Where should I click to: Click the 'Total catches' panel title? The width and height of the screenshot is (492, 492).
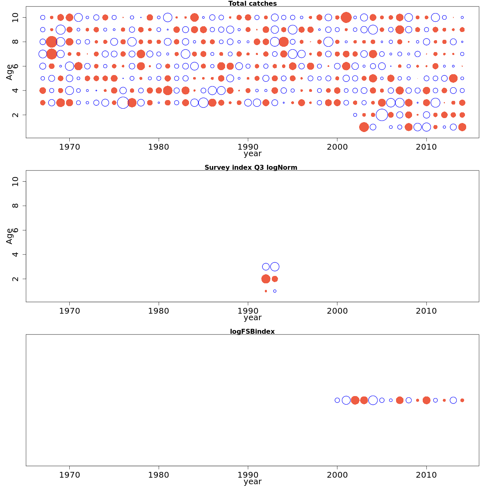(252, 4)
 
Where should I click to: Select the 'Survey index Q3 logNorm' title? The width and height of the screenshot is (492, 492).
(251, 167)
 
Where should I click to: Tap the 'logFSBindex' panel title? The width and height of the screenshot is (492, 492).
(252, 331)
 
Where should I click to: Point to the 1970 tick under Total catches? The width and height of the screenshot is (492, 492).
(69, 147)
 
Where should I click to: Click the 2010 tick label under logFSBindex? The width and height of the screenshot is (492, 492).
(426, 475)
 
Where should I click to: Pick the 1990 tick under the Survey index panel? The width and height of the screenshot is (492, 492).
(248, 311)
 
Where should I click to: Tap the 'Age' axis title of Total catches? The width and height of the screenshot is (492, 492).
(9, 72)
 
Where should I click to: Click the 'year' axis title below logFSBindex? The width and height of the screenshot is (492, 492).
(252, 481)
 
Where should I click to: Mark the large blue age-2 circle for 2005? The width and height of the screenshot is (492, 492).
(382, 115)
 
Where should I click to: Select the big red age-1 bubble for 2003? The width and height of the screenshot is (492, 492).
(364, 127)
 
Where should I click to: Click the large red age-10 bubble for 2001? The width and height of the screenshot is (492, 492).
(346, 17)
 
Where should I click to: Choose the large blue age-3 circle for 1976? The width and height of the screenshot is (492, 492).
(123, 102)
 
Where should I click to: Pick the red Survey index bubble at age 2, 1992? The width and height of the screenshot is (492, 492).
(266, 279)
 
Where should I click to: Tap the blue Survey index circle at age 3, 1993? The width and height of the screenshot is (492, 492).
(275, 266)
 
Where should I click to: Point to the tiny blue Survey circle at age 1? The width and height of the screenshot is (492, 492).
(275, 291)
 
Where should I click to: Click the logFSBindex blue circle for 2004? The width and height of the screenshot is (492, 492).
(373, 400)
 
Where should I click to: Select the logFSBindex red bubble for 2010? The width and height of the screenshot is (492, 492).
(426, 400)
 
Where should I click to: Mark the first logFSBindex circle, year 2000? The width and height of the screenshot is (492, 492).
(337, 400)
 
